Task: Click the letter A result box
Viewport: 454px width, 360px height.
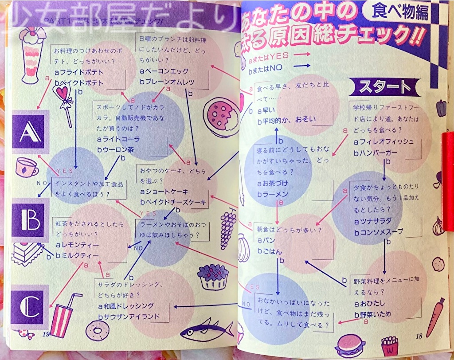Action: click(x=28, y=131)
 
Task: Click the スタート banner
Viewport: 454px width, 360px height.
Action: click(x=384, y=87)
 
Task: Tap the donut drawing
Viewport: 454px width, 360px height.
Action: click(x=94, y=330)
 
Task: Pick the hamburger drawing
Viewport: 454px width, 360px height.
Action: click(x=351, y=344)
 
